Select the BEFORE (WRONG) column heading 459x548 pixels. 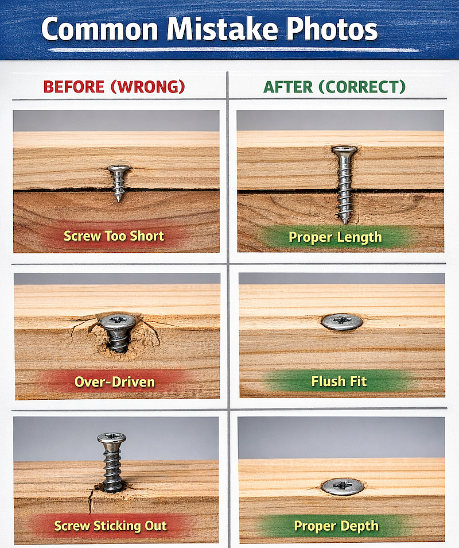tap(114, 87)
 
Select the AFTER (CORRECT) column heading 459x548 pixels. tap(334, 87)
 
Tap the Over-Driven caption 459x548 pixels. tap(114, 381)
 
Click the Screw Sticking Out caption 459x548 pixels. tap(111, 525)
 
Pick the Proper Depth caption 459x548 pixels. tap(336, 525)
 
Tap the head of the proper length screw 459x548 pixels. tap(344, 151)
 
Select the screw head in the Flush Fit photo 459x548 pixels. tap(342, 322)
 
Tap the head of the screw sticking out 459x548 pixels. tap(112, 438)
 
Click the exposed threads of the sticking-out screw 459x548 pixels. tap(112, 465)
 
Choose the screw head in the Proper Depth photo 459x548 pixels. tap(342, 487)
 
